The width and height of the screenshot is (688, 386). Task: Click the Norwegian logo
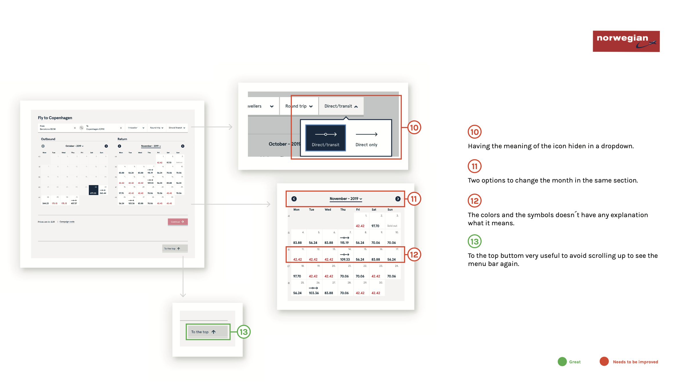(626, 41)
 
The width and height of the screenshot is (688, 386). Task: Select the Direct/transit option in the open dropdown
(325, 138)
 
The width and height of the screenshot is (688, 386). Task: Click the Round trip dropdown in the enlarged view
(299, 106)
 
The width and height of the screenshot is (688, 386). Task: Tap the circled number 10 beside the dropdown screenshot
(414, 128)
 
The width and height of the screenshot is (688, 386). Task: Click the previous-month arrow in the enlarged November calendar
(294, 199)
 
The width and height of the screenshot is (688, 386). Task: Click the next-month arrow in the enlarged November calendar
(398, 199)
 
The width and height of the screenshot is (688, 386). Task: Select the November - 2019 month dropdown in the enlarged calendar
(345, 199)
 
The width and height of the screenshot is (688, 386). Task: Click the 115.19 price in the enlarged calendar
(344, 242)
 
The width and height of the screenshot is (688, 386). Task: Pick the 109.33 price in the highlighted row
(345, 259)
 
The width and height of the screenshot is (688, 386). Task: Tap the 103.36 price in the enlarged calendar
(314, 293)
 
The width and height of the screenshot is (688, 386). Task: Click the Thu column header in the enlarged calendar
(343, 210)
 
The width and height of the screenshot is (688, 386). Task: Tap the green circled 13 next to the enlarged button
(244, 332)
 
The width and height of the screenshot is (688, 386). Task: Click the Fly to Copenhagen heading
(55, 118)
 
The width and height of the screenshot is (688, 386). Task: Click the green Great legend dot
(562, 362)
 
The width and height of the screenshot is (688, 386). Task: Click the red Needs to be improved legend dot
(604, 362)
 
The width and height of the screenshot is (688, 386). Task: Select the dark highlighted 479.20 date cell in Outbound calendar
(93, 190)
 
